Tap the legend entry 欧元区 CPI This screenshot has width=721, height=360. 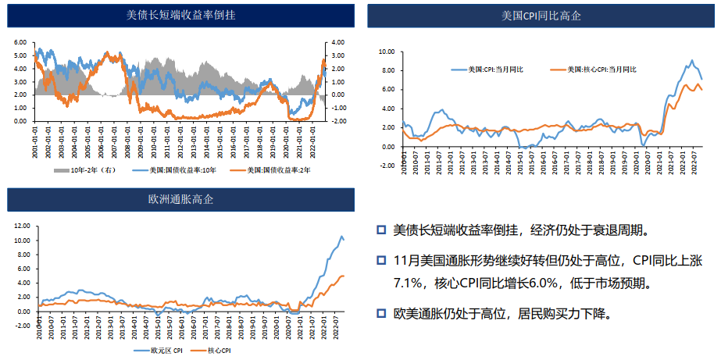[165, 351]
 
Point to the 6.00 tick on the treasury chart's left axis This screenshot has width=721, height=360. [20, 42]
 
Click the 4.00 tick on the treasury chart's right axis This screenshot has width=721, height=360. [337, 42]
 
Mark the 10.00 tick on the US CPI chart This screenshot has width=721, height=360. [386, 52]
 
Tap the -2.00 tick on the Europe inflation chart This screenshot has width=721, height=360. [21, 326]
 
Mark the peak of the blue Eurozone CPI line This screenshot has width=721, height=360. [341, 237]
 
